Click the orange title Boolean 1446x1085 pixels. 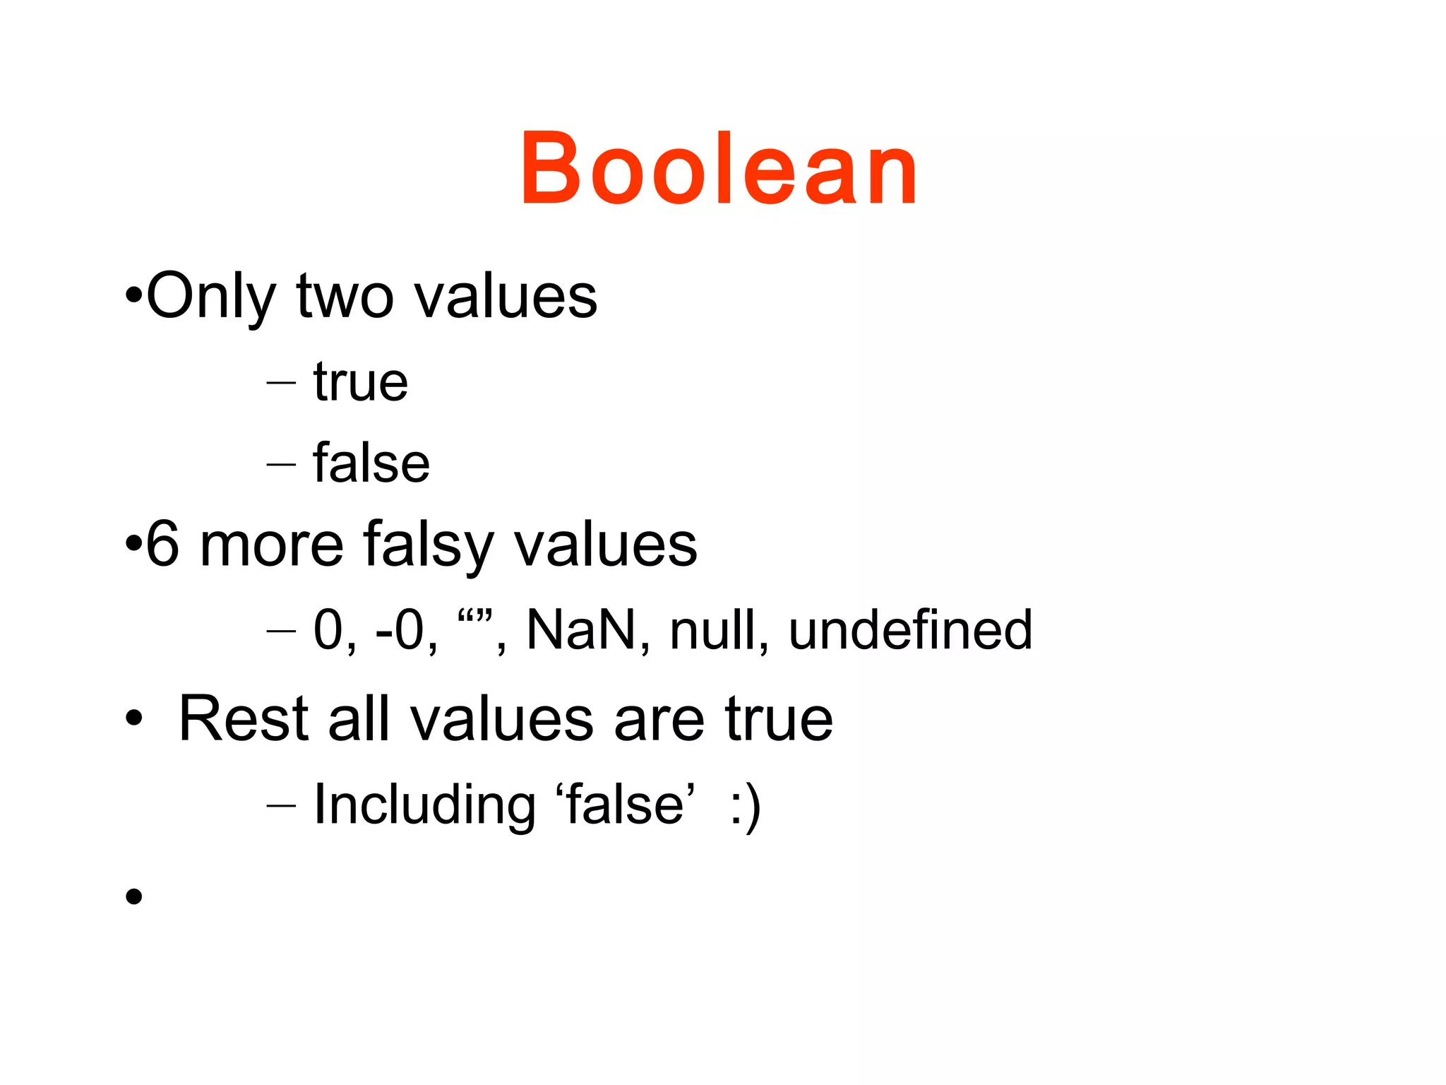719,170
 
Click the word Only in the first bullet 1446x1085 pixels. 210,297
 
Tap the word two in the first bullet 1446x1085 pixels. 345,297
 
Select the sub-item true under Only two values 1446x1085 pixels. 361,382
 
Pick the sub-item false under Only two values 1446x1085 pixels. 371,463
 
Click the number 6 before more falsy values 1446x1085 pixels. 162,544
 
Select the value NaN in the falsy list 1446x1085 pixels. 581,629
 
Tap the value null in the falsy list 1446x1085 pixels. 713,629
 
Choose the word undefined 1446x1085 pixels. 910,629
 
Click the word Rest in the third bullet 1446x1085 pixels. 244,719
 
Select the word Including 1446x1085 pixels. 424,805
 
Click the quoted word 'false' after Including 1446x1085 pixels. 626,805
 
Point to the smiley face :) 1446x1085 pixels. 746,807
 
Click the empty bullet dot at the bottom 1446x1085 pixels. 133,896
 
